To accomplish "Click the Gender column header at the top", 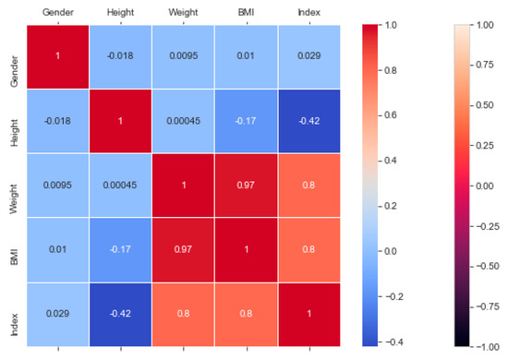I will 58,12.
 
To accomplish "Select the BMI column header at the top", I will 245,12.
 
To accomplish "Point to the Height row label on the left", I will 13,122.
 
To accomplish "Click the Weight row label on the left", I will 13,186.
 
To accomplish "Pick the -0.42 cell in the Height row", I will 308,122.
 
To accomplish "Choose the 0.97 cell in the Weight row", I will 245,186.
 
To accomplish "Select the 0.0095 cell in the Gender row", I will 183,57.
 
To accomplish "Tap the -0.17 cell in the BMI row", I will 121,249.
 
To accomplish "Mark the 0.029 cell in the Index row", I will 58,314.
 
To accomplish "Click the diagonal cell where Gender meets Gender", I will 58,57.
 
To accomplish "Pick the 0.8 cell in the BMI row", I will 308,249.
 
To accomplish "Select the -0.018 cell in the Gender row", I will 121,57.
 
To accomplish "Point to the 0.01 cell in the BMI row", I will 58,249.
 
